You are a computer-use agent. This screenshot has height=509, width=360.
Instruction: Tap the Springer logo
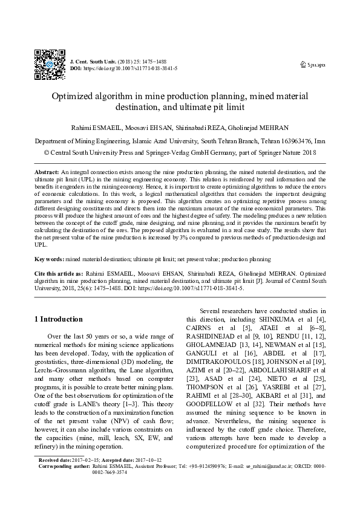pyautogui.click(x=313, y=64)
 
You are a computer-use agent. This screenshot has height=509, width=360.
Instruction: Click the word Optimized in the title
pyautogui.click(x=75, y=96)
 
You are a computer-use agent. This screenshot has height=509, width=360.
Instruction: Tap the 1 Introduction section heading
pyautogui.click(x=59, y=319)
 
